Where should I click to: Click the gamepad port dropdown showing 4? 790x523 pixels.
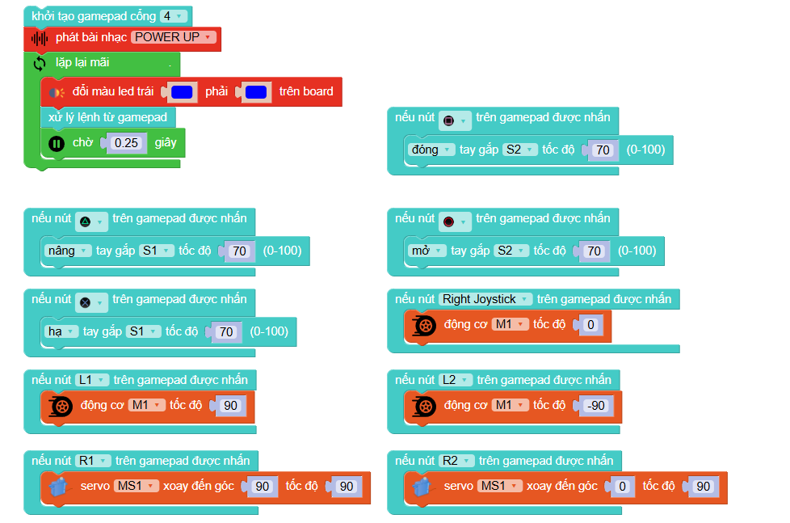pyautogui.click(x=173, y=16)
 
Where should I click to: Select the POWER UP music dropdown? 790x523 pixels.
pyautogui.click(x=174, y=37)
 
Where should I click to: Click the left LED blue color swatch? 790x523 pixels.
pyautogui.click(x=182, y=92)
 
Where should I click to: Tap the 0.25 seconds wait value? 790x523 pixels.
pyautogui.click(x=126, y=143)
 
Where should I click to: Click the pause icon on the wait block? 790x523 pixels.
pyautogui.click(x=56, y=143)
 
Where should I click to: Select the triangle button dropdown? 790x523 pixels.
pyautogui.click(x=91, y=219)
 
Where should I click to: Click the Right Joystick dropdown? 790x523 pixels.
pyautogui.click(x=485, y=299)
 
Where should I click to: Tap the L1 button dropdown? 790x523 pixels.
pyautogui.click(x=91, y=380)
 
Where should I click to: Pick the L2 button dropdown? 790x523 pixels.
pyautogui.click(x=456, y=380)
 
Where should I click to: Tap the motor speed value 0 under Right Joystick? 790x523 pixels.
pyautogui.click(x=590, y=325)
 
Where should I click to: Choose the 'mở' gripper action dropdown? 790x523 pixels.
pyautogui.click(x=426, y=251)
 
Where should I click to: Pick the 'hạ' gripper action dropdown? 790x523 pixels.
pyautogui.click(x=60, y=331)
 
